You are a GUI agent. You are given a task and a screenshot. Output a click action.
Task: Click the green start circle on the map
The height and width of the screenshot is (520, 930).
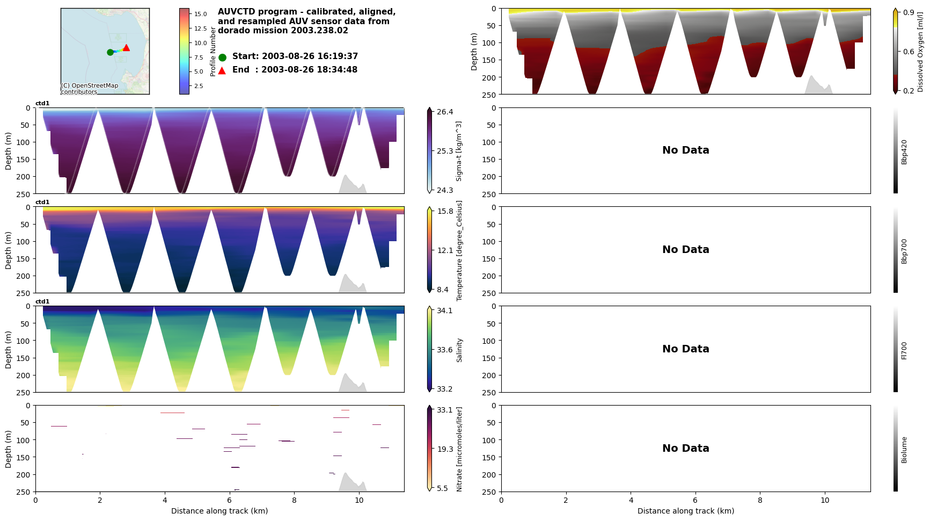tap(110, 52)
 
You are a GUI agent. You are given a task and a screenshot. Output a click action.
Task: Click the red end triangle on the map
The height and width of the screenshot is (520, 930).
tap(126, 48)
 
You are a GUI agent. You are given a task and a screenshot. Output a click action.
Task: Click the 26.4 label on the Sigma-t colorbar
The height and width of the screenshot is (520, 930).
tap(445, 112)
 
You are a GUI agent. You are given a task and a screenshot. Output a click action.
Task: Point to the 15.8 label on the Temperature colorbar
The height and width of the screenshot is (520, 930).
tap(445, 211)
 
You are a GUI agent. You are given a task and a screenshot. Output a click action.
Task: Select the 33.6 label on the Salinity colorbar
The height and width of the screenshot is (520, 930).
tap(445, 350)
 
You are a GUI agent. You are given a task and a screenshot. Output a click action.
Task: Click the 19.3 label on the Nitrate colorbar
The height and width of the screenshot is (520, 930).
tap(445, 449)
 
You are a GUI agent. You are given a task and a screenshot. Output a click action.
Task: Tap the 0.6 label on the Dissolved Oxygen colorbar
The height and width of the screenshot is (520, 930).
tap(909, 52)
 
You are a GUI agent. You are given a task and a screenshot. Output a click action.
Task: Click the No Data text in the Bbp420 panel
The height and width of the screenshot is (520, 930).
tap(685, 150)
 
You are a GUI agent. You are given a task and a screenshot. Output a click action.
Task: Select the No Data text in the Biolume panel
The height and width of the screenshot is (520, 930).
tap(685, 449)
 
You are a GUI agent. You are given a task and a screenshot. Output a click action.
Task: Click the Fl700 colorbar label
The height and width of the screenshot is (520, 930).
tap(904, 350)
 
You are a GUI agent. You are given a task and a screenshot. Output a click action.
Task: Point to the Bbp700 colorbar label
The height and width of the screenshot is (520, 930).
tap(904, 251)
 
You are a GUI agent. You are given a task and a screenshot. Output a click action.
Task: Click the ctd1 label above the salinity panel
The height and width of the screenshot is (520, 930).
tap(42, 302)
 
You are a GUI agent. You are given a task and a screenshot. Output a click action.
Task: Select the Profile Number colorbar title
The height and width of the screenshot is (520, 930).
tap(213, 52)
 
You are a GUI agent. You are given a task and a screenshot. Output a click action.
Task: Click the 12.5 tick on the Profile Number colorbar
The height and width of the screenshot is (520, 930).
tap(200, 28)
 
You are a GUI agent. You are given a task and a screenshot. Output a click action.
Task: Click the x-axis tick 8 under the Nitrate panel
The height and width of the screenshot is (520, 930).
tap(294, 500)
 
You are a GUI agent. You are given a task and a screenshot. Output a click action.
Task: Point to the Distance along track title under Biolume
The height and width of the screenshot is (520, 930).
tap(685, 511)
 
